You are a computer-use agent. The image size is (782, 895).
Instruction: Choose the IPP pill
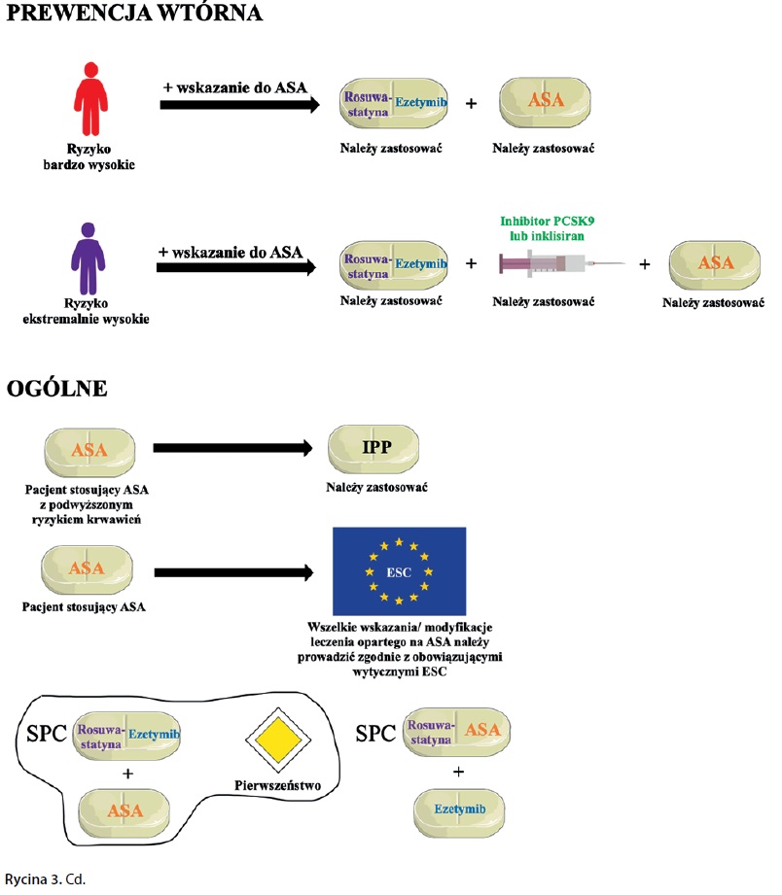click(x=374, y=448)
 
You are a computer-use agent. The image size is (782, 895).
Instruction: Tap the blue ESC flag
click(x=399, y=570)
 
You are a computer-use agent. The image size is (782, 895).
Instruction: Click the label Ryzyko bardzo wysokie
click(x=89, y=156)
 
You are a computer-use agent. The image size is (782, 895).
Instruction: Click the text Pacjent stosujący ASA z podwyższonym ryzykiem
click(x=89, y=500)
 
